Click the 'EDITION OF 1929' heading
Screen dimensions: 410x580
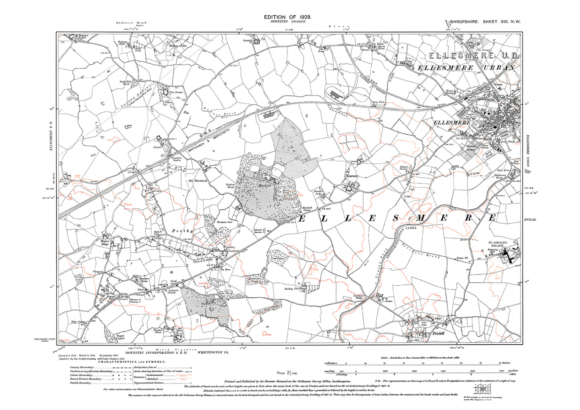pyautogui.click(x=287, y=17)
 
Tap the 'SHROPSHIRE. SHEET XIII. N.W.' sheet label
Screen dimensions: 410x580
pyautogui.click(x=485, y=22)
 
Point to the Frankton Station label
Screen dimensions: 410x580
pyautogui.click(x=177, y=159)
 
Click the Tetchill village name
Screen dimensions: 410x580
pyautogui.click(x=438, y=333)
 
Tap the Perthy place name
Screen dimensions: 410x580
pyautogui.click(x=182, y=231)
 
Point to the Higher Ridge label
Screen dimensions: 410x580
pyautogui.click(x=105, y=243)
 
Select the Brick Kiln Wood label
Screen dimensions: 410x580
pyautogui.click(x=124, y=83)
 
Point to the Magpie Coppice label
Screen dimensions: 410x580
pyautogui.click(x=120, y=337)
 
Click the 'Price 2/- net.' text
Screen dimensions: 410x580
pyautogui.click(x=287, y=373)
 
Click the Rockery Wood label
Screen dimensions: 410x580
pyautogui.click(x=230, y=186)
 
